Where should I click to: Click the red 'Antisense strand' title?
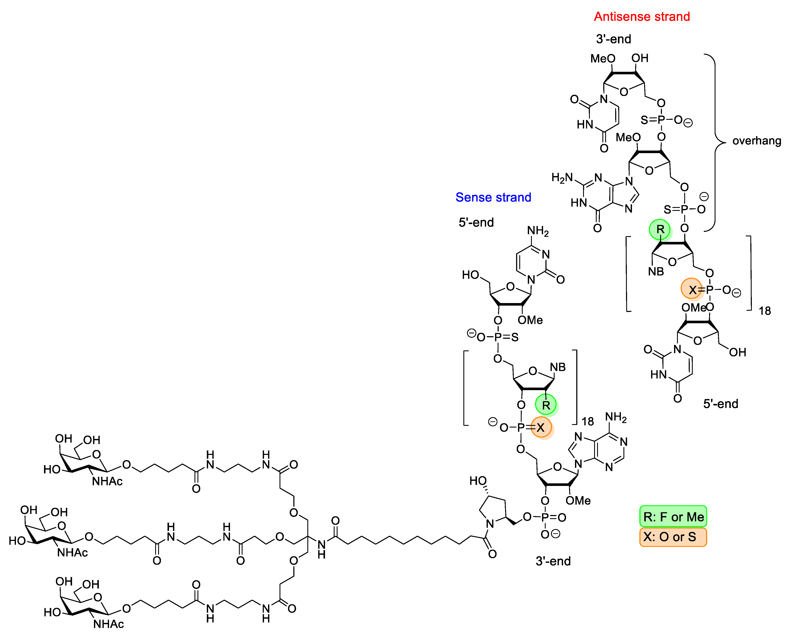click(x=642, y=17)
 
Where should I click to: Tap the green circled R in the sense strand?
click(x=545, y=405)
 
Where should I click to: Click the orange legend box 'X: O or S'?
click(x=673, y=537)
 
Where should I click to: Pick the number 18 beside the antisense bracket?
click(x=765, y=311)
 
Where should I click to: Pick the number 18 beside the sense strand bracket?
click(x=588, y=421)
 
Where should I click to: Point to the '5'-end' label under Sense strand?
click(x=476, y=222)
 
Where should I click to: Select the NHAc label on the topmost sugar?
click(x=107, y=481)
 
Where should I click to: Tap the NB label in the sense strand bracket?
click(x=558, y=367)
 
